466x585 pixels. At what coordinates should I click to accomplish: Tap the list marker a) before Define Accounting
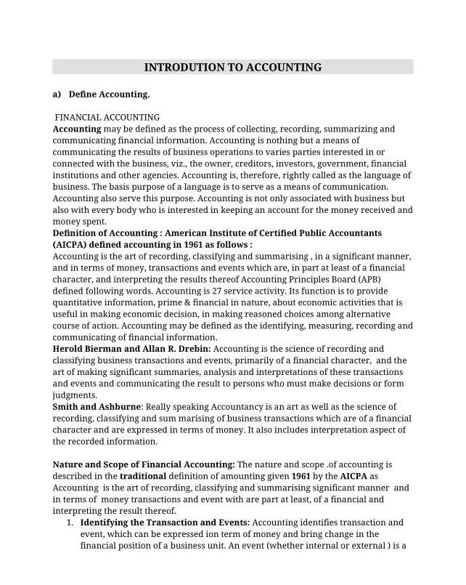(x=57, y=94)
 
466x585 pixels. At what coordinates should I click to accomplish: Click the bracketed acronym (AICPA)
(x=75, y=245)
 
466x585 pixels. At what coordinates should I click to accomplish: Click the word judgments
(x=76, y=395)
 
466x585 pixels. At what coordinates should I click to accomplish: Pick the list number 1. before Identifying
(x=70, y=523)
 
